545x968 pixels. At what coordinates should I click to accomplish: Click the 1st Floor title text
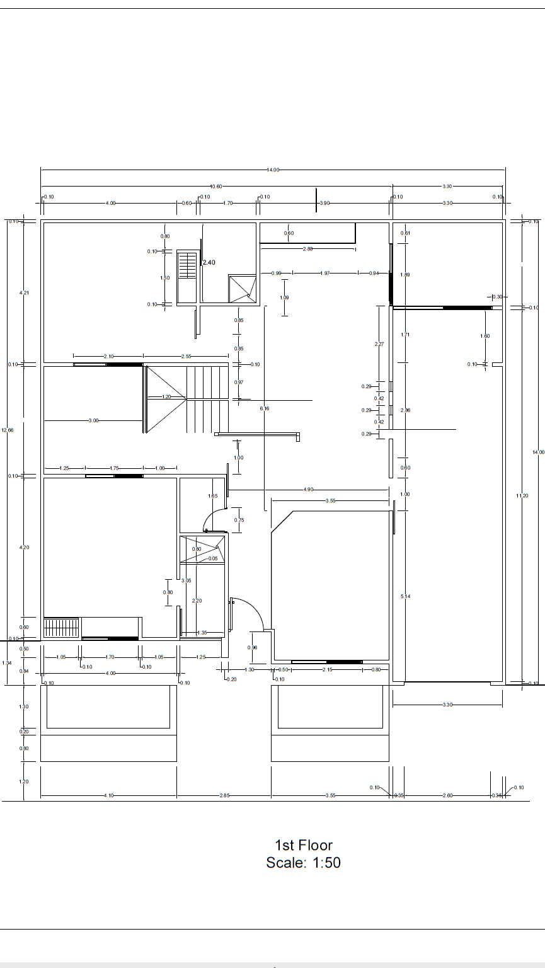tap(303, 845)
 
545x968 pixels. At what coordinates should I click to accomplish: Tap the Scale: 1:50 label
tap(303, 863)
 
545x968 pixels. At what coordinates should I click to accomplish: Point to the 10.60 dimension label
tap(216, 187)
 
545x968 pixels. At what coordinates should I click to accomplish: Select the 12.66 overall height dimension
tap(8, 430)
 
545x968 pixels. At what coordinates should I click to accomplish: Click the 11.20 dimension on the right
tap(522, 496)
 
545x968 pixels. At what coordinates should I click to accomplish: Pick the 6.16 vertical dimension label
tap(265, 409)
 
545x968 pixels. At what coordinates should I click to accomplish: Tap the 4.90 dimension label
tap(309, 490)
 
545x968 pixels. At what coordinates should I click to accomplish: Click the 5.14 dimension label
tap(406, 596)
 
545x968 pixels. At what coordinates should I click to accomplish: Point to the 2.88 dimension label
tap(307, 249)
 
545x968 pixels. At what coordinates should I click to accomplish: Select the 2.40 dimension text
tap(209, 262)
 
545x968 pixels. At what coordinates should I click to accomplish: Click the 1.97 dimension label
tap(325, 274)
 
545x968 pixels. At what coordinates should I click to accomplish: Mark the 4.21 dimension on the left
tap(24, 293)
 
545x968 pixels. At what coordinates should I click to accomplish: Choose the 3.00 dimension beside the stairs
tap(94, 420)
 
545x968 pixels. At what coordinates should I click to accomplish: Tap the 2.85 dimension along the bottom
tap(224, 796)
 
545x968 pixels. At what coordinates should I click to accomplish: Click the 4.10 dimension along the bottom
tap(108, 796)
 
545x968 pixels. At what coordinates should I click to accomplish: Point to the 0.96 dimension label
tap(253, 648)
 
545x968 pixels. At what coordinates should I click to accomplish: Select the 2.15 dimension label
tap(328, 670)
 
